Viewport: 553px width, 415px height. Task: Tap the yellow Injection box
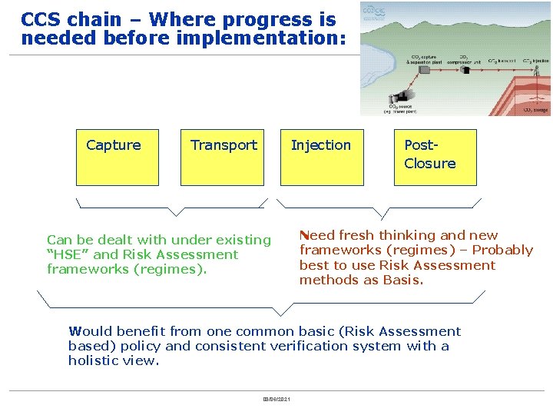(x=321, y=158)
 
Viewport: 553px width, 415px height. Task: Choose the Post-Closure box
(x=435, y=158)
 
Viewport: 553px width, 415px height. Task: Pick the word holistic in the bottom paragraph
(x=94, y=360)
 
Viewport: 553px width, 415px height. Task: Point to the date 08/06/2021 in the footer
(x=276, y=399)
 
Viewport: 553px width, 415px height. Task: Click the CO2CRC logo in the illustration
(x=375, y=12)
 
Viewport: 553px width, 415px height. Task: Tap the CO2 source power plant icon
(x=401, y=95)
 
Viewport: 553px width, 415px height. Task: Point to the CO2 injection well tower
(x=536, y=71)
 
